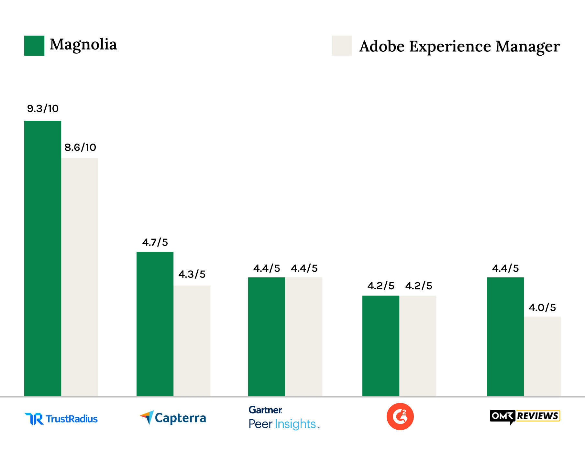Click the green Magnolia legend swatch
(34, 46)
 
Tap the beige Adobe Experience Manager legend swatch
(342, 46)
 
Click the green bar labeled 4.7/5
(155, 324)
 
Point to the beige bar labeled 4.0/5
(542, 356)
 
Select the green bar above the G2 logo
(381, 346)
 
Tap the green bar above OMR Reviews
(505, 337)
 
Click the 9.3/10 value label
(43, 108)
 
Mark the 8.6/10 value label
(80, 148)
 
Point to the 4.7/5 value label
(155, 242)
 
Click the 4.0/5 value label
(542, 307)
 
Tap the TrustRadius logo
(61, 419)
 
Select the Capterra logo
(173, 418)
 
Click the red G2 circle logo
(400, 416)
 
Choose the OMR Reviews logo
(525, 416)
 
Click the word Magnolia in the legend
(83, 44)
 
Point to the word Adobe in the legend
(382, 46)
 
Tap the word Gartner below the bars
(265, 410)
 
